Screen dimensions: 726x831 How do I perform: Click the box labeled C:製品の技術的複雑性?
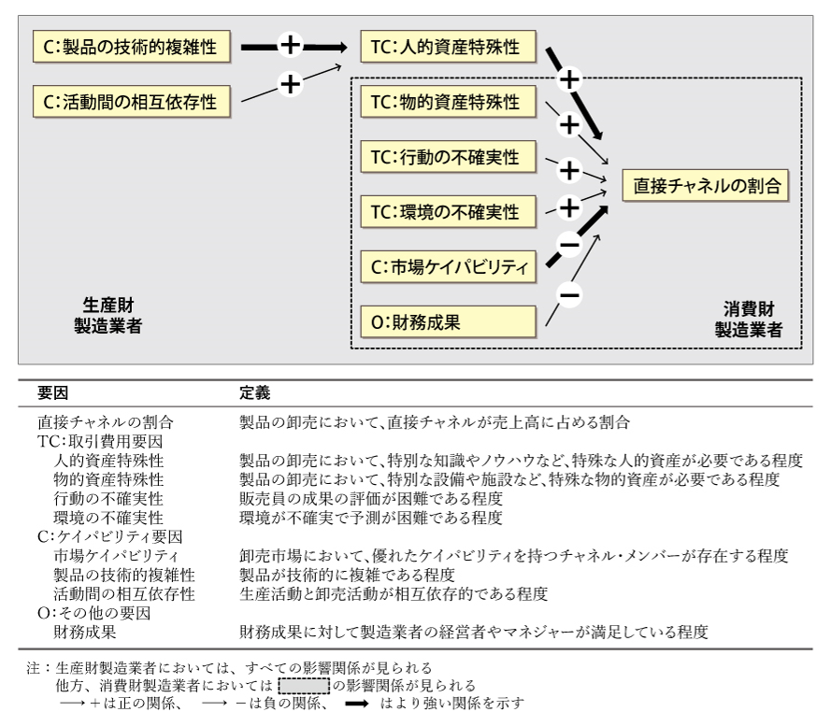click(132, 46)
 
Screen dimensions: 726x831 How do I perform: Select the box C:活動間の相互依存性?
click(132, 100)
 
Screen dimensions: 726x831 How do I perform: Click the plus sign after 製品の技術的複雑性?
click(290, 45)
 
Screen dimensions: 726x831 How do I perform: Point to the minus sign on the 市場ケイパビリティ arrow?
click(568, 245)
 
